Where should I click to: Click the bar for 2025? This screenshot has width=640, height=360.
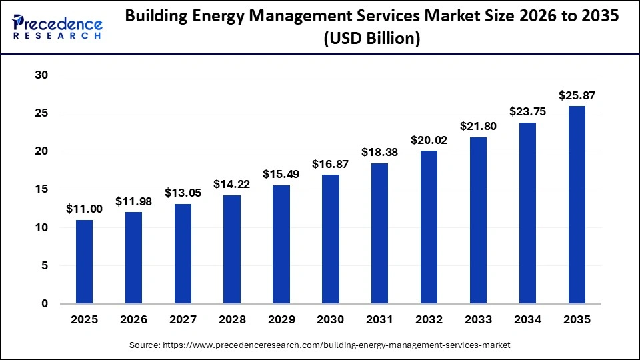tap(84, 261)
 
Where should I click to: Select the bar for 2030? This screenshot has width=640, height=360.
tap(331, 239)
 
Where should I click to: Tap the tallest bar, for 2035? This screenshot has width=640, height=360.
tap(577, 205)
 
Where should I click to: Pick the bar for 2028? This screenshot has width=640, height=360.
tap(232, 249)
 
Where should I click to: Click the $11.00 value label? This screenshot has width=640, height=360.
tap(84, 209)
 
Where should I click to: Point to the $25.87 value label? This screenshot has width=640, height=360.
tap(577, 95)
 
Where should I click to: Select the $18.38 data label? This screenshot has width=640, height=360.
tap(380, 152)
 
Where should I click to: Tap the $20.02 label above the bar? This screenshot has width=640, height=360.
tap(429, 140)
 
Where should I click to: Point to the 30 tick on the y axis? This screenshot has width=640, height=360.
tap(41, 75)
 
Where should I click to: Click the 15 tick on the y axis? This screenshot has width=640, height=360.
tap(41, 189)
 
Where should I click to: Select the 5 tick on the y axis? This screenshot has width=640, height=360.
tap(45, 265)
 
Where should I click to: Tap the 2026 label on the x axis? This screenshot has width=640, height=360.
tap(133, 320)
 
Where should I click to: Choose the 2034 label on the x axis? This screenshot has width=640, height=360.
tap(527, 320)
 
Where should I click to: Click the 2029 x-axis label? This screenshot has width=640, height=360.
tap(281, 320)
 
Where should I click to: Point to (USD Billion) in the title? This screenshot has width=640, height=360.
tap(371, 39)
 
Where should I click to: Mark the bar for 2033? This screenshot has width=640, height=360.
tap(478, 220)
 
